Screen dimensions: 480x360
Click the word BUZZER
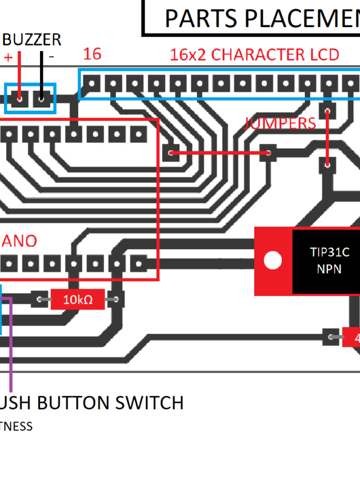32,39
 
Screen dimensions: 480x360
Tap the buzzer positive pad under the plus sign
20,98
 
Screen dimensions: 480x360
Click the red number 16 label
92,54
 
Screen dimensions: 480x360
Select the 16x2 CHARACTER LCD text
254,55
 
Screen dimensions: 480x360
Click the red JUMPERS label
280,123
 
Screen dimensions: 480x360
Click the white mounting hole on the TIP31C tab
273,260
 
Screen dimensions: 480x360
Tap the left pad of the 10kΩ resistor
40,299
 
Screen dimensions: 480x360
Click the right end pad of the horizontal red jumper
268,152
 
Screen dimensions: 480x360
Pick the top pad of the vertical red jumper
327,110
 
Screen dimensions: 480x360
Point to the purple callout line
11,360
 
